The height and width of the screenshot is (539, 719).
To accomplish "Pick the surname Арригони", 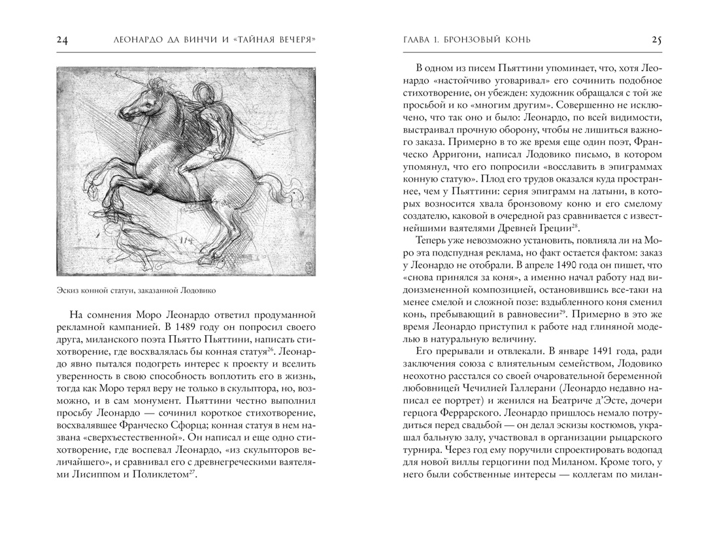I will [x=457, y=155].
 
